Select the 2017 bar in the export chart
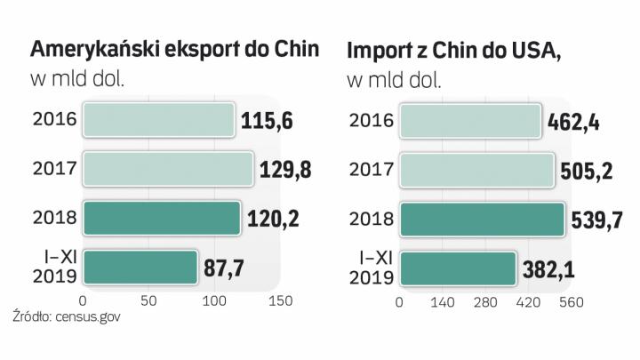coord(168,169)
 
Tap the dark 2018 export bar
coord(161,218)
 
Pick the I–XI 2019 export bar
coord(140,266)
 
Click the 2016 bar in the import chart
coord(470,121)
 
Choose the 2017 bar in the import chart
coord(479,169)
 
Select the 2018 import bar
coord(481,218)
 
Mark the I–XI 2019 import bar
coord(458,266)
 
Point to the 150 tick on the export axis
coord(280,302)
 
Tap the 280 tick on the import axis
coord(485,302)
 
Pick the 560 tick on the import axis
coord(571,302)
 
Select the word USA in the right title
coord(533,52)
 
